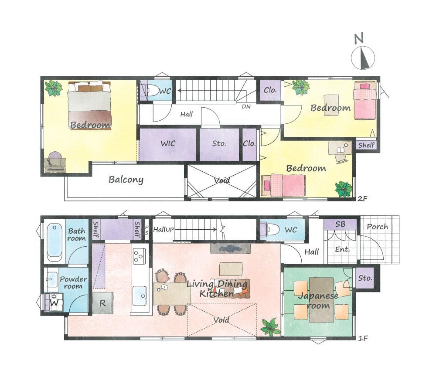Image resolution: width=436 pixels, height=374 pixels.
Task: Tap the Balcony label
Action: [x=126, y=180]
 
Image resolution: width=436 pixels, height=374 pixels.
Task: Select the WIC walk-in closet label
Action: [x=168, y=143]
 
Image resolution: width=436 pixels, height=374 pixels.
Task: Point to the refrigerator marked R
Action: [x=102, y=303]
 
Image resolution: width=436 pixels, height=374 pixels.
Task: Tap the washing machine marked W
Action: [x=54, y=302]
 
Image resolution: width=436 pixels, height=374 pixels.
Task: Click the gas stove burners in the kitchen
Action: [x=139, y=256]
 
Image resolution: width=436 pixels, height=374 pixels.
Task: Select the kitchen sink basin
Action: [x=140, y=295]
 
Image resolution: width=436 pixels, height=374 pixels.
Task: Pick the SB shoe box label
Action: [x=341, y=224]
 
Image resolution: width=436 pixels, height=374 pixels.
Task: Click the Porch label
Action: [x=377, y=227]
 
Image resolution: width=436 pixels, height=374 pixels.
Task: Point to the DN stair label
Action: [x=246, y=106]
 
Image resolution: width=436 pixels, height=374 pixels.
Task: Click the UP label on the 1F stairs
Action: [x=170, y=230]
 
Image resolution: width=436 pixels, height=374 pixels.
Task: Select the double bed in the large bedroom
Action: [x=89, y=105]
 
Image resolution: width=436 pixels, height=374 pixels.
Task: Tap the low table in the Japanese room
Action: [x=321, y=300]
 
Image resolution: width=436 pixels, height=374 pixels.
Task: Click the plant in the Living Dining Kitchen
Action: [x=270, y=327]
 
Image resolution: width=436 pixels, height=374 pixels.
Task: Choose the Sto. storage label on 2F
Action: [x=219, y=143]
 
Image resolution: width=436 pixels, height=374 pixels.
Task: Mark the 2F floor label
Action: [x=362, y=198]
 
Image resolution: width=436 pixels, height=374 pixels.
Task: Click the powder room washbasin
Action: [x=52, y=278]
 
